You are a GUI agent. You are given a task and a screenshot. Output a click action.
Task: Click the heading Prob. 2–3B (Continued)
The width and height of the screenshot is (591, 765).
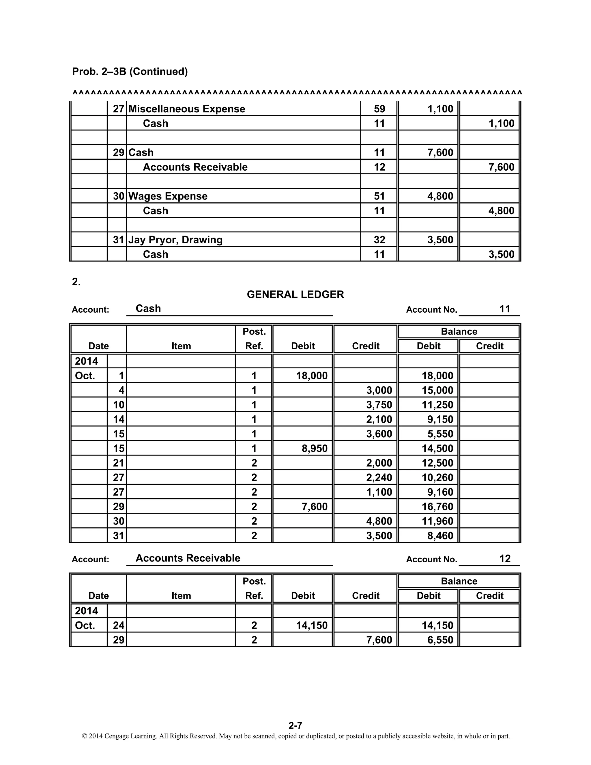[130, 72]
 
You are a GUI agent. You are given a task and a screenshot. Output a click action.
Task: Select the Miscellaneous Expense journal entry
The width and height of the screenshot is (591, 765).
[187, 109]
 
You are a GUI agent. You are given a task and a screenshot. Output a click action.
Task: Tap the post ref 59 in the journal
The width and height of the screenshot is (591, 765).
[379, 109]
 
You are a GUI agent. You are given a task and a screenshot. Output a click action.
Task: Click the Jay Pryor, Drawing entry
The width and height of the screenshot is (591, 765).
[175, 240]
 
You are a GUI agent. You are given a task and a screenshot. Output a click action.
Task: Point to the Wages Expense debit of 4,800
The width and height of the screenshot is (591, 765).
[440, 196]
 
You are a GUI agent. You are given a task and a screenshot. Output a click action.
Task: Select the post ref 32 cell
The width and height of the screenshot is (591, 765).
[379, 240]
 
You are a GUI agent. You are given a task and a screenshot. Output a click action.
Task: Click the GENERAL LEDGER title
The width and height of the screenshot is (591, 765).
[295, 294]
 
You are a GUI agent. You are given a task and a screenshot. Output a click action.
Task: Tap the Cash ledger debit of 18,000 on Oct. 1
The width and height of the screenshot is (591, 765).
[312, 376]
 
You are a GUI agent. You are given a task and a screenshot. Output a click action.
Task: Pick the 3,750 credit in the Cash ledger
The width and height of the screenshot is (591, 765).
[379, 405]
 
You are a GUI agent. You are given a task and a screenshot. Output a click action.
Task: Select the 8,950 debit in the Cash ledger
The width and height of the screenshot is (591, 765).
[315, 449]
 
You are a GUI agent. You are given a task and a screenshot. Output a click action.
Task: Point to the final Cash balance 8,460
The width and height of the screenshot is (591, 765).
[440, 536]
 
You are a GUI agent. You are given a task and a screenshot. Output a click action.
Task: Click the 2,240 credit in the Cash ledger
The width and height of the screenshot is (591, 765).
[379, 478]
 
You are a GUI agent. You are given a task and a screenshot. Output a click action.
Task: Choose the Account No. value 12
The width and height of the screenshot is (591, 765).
[505, 558]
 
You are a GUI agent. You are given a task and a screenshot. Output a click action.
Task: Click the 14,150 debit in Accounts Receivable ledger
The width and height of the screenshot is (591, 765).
[312, 626]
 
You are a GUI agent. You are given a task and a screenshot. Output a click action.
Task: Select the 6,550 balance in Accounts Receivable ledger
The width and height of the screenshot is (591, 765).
[440, 640]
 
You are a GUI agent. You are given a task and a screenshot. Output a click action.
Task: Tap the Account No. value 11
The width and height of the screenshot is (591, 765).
[505, 309]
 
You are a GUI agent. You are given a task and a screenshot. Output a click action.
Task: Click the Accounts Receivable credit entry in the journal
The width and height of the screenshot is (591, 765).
[195, 167]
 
